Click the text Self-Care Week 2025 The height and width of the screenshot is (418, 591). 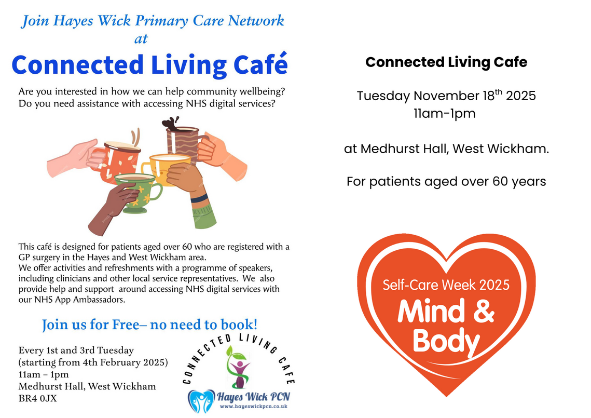click(446, 285)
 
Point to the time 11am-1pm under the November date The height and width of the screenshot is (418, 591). click(445, 114)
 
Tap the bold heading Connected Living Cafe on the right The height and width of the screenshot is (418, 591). click(446, 62)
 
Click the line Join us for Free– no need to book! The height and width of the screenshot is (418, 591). click(150, 325)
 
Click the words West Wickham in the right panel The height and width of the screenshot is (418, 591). click(500, 149)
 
